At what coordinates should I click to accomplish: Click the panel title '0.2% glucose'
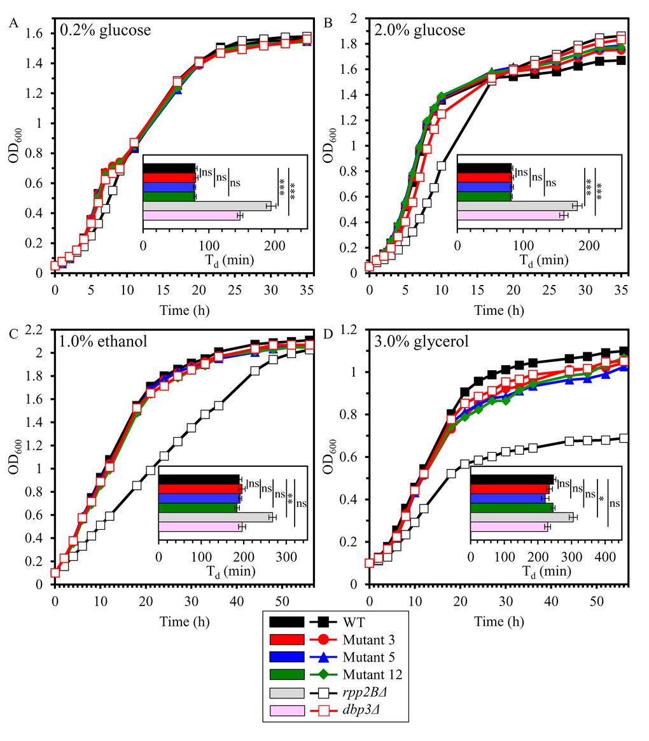point(105,30)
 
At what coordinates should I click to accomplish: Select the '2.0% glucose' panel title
point(419,30)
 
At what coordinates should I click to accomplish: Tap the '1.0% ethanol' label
point(103,341)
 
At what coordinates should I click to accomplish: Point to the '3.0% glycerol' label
point(421,341)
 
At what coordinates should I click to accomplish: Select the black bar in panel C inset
point(199,479)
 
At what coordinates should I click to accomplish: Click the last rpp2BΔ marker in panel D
point(624,438)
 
